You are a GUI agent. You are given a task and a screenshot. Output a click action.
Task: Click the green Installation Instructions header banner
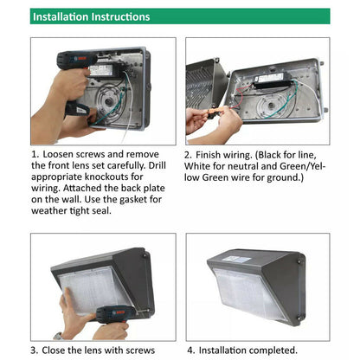[180, 16]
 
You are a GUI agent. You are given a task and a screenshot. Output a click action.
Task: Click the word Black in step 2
[269, 155]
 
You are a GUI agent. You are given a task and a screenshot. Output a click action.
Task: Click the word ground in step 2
[284, 177]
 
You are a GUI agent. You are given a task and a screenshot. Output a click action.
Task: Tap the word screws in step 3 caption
[141, 350]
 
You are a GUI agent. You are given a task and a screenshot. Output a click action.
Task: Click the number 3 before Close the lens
[34, 350]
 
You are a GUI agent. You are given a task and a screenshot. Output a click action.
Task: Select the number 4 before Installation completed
[190, 350]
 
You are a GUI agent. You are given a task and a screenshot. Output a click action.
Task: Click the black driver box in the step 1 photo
[106, 70]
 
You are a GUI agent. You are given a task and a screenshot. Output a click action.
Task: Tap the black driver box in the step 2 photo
[275, 80]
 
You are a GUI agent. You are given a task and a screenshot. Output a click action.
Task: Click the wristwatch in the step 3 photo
[58, 337]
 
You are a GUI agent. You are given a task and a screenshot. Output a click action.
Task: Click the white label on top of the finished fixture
[236, 259]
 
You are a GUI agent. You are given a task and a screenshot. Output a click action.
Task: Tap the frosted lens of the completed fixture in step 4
[248, 292]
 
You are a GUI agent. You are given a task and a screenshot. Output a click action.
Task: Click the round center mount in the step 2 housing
[271, 106]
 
